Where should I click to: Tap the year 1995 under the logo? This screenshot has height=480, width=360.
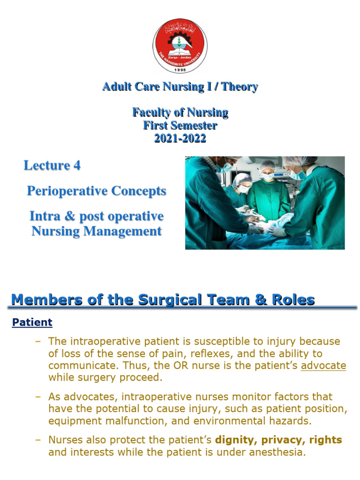point(180,69)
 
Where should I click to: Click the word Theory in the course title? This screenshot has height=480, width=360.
point(240,87)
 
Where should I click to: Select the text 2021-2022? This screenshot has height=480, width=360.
point(180,138)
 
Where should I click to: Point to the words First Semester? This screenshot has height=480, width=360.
point(180,126)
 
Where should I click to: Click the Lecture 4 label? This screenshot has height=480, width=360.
point(52,165)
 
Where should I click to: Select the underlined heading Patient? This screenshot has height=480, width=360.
point(32,322)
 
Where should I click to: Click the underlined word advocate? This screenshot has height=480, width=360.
point(323,366)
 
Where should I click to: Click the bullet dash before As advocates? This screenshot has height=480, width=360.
point(38,397)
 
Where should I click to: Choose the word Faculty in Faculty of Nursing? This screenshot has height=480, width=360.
point(150,112)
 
